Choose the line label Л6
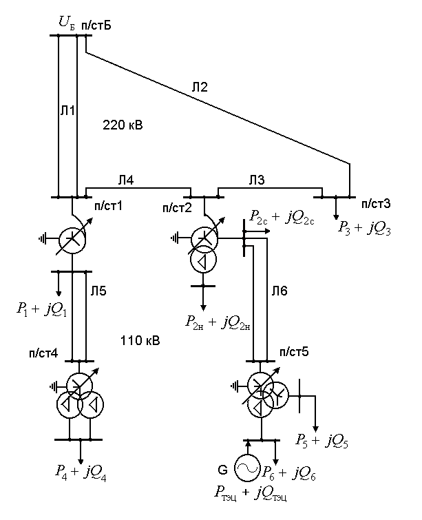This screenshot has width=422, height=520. [x=279, y=291]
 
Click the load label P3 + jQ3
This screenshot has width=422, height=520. [x=364, y=227]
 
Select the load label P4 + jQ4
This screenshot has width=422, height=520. [x=82, y=472]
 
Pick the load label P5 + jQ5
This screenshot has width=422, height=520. [x=321, y=441]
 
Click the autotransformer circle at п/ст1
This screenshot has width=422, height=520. [x=71, y=239]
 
